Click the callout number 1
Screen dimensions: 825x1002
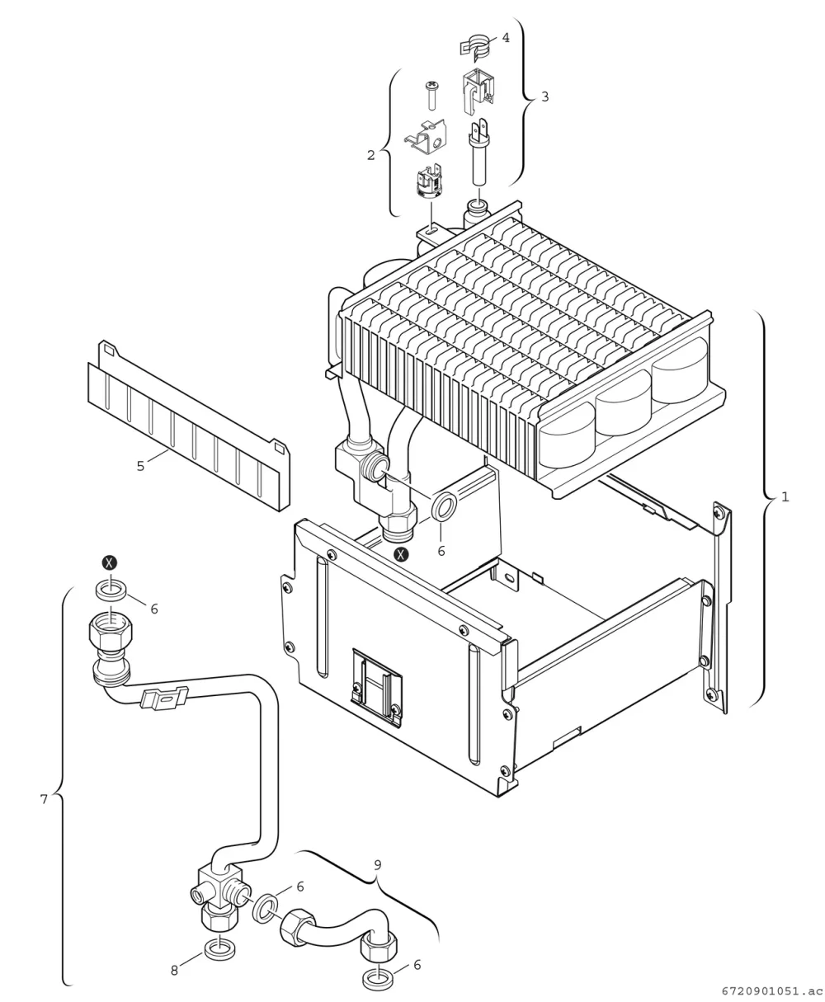pyautogui.click(x=785, y=497)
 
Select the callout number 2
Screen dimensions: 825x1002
pyautogui.click(x=370, y=155)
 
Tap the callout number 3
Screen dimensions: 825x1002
pyautogui.click(x=544, y=96)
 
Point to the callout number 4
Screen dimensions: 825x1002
pyautogui.click(x=506, y=38)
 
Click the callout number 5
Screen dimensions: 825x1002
pyautogui.click(x=140, y=466)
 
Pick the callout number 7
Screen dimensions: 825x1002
pyautogui.click(x=44, y=800)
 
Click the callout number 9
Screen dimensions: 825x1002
pyautogui.click(x=377, y=865)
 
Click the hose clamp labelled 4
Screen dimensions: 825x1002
pyautogui.click(x=476, y=45)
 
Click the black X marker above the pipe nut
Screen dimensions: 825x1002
pyautogui.click(x=111, y=563)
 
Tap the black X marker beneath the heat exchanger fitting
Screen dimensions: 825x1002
pyautogui.click(x=402, y=554)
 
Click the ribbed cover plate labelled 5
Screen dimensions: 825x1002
pyautogui.click(x=188, y=426)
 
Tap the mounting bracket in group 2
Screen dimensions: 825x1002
pyautogui.click(x=426, y=137)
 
